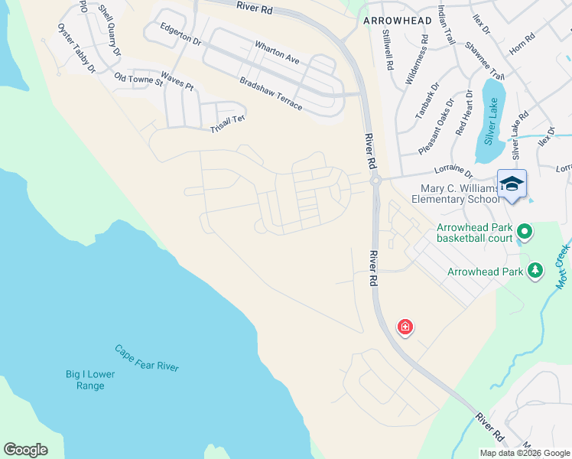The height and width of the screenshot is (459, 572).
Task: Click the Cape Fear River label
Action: coord(147,358)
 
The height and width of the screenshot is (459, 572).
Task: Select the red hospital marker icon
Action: coord(405,327)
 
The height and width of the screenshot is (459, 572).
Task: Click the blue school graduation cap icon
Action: coord(512,184)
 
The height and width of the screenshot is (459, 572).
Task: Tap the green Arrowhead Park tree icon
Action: coord(536,271)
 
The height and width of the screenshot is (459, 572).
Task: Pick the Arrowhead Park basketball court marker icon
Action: coord(524,230)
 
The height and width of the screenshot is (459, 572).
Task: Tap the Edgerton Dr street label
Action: coord(180,34)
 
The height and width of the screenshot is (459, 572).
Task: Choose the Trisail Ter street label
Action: coord(227,125)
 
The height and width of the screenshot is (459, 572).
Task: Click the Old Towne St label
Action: coord(138,79)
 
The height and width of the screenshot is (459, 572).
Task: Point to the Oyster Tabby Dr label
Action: coord(76,48)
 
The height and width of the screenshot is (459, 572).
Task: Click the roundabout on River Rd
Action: coord(375,181)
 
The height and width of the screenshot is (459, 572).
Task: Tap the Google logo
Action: coord(25,450)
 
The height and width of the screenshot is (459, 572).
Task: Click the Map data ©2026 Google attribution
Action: coord(524,453)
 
